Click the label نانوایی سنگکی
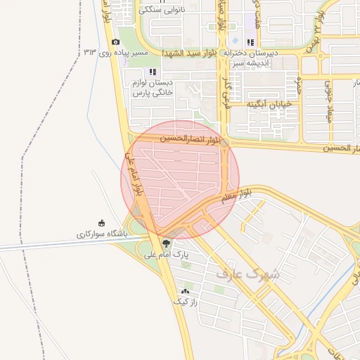[x=162, y=10]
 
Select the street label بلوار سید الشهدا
[x=191, y=53]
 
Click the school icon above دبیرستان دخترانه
[x=250, y=42]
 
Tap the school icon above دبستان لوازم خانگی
[x=153, y=72]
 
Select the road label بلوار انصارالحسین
[x=188, y=139]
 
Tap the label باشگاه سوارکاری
[x=101, y=233]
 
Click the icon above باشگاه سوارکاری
[x=101, y=223]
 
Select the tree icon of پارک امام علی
[x=166, y=244]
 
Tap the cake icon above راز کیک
[x=186, y=290]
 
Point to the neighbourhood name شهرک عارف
[x=247, y=273]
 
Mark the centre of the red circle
[x=180, y=180]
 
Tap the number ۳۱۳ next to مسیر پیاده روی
[x=90, y=53]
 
